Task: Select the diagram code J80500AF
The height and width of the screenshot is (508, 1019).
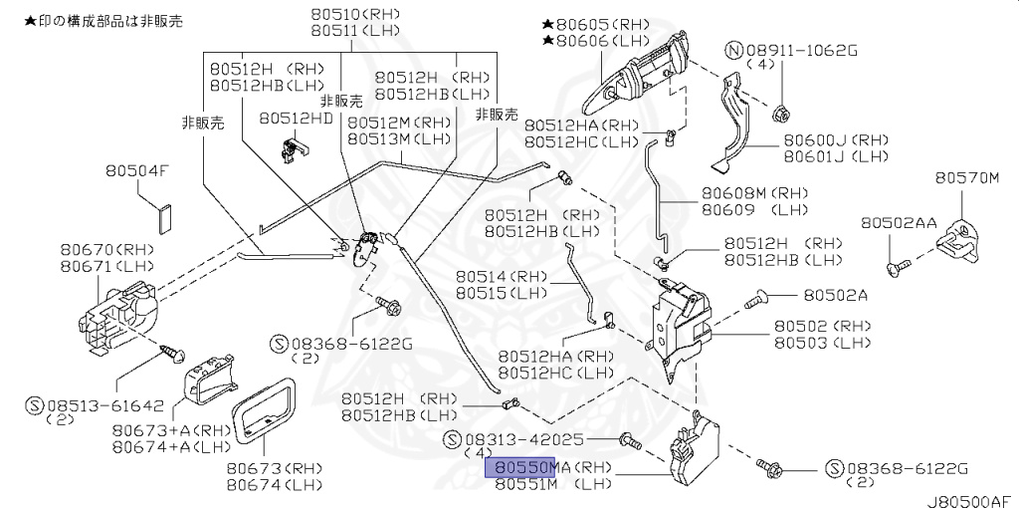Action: point(971,499)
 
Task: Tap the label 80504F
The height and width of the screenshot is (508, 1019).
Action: point(138,171)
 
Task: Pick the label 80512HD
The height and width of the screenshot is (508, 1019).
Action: point(297,118)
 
